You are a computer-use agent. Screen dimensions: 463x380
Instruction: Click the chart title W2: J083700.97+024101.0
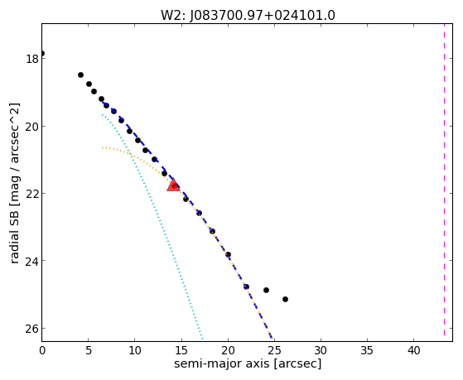248,15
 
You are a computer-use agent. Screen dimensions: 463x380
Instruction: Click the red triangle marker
174,185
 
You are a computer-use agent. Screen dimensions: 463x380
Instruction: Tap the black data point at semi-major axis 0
42,54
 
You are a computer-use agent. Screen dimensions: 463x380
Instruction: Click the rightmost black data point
285,299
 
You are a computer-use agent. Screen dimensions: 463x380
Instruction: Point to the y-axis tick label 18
32,59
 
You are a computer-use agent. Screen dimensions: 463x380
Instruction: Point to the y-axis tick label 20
31,127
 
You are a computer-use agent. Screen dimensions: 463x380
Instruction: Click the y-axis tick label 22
31,194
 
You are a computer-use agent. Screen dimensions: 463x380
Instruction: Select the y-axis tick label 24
31,261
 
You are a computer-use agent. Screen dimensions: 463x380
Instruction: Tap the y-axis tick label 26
31,329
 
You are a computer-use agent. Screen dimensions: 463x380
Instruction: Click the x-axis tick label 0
42,351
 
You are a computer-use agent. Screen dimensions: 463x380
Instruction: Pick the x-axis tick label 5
89,351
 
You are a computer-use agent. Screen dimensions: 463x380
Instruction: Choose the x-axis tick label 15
181,351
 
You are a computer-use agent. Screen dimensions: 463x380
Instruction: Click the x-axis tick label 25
274,351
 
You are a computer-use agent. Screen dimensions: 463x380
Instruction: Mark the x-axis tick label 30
321,351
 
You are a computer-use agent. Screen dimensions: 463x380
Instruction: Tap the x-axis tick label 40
413,351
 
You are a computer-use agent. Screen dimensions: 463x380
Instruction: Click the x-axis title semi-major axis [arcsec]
248,363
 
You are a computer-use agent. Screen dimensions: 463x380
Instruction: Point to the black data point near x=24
266,290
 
